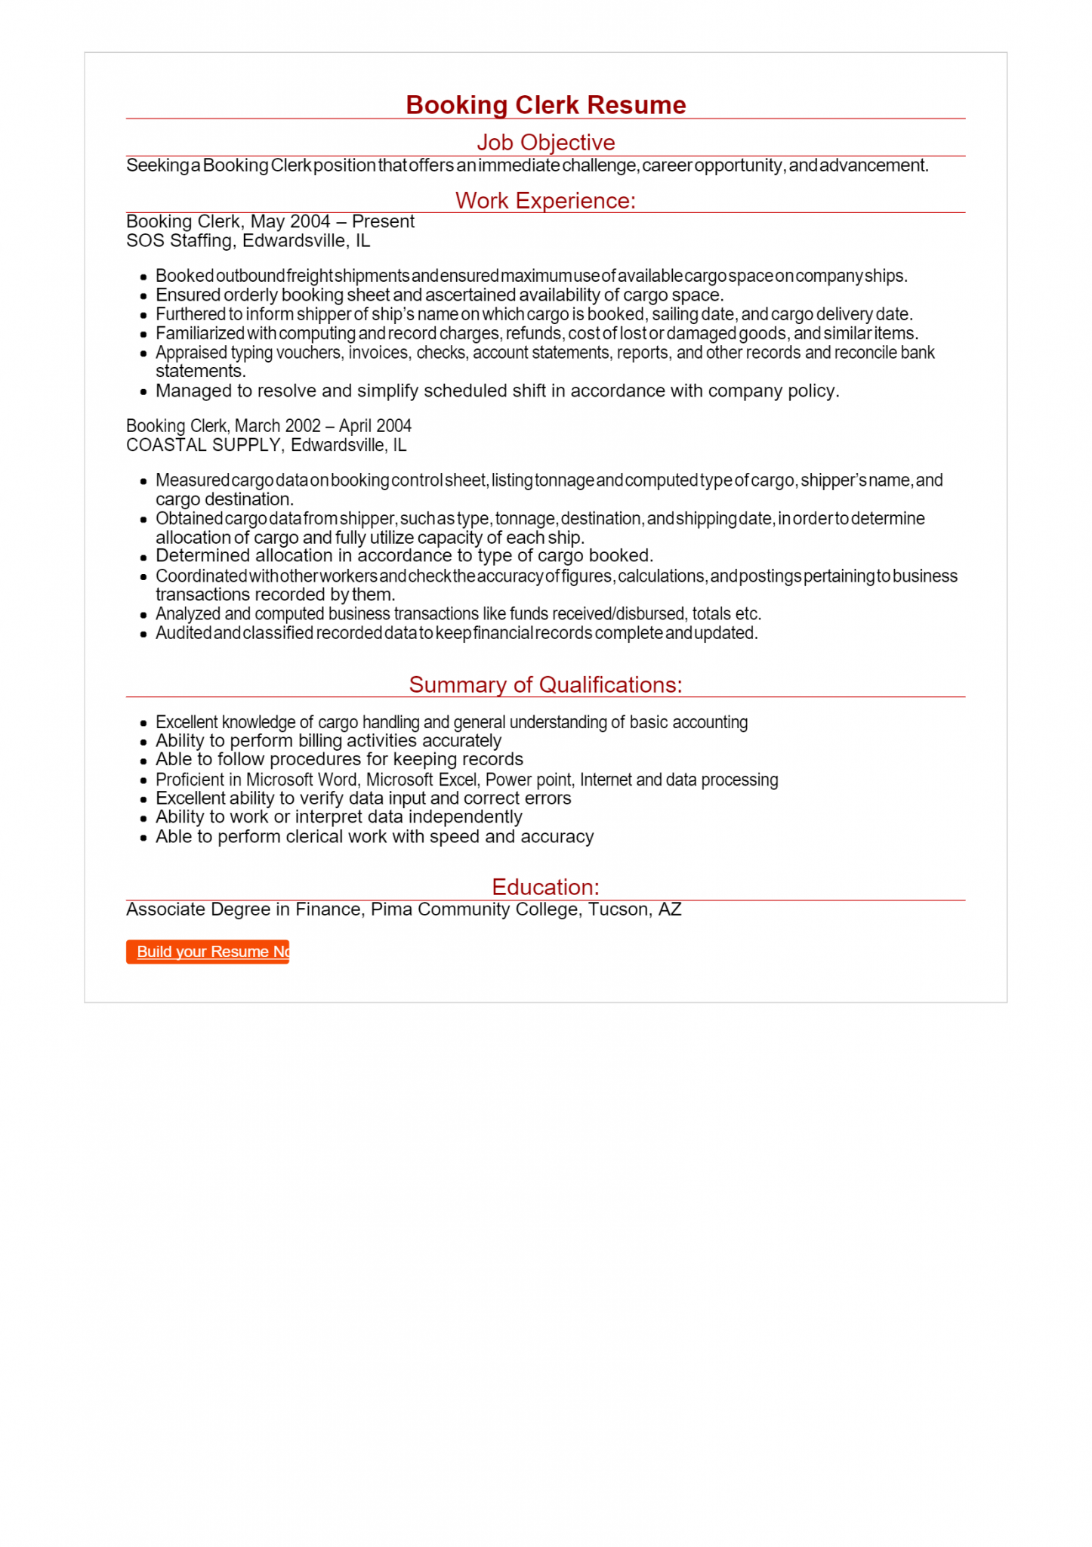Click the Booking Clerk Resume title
pos(545,105)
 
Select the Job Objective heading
pos(545,142)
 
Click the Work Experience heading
pos(545,200)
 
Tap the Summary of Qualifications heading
pos(545,684)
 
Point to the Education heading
pos(545,887)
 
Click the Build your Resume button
pos(208,952)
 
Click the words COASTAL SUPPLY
pos(203,446)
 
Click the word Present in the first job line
pos(383,221)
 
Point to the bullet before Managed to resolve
pos(143,392)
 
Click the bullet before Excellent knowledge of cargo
pos(143,724)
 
